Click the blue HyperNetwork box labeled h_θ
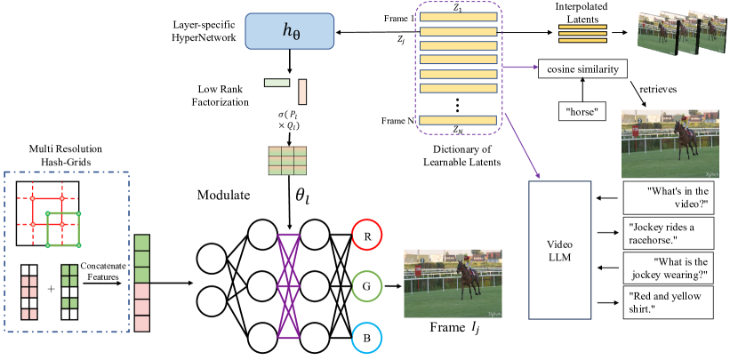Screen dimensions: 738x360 (x=290, y=31)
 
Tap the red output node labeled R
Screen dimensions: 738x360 (x=367, y=235)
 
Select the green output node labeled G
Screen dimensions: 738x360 (x=367, y=286)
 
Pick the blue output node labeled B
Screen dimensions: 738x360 (x=367, y=338)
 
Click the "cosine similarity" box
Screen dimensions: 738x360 (x=582, y=69)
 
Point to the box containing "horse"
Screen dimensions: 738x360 (x=582, y=111)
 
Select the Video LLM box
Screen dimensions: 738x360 (x=559, y=250)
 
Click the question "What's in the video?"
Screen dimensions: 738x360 (x=669, y=197)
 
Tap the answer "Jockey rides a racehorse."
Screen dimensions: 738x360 (x=669, y=234)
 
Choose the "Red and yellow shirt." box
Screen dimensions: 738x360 (x=669, y=302)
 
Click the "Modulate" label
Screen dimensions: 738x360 (x=223, y=195)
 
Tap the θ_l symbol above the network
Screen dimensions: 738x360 (x=303, y=196)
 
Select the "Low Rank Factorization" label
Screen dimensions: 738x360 (x=221, y=95)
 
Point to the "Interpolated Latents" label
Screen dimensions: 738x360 (x=582, y=13)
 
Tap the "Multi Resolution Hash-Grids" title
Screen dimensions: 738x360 (x=66, y=155)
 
